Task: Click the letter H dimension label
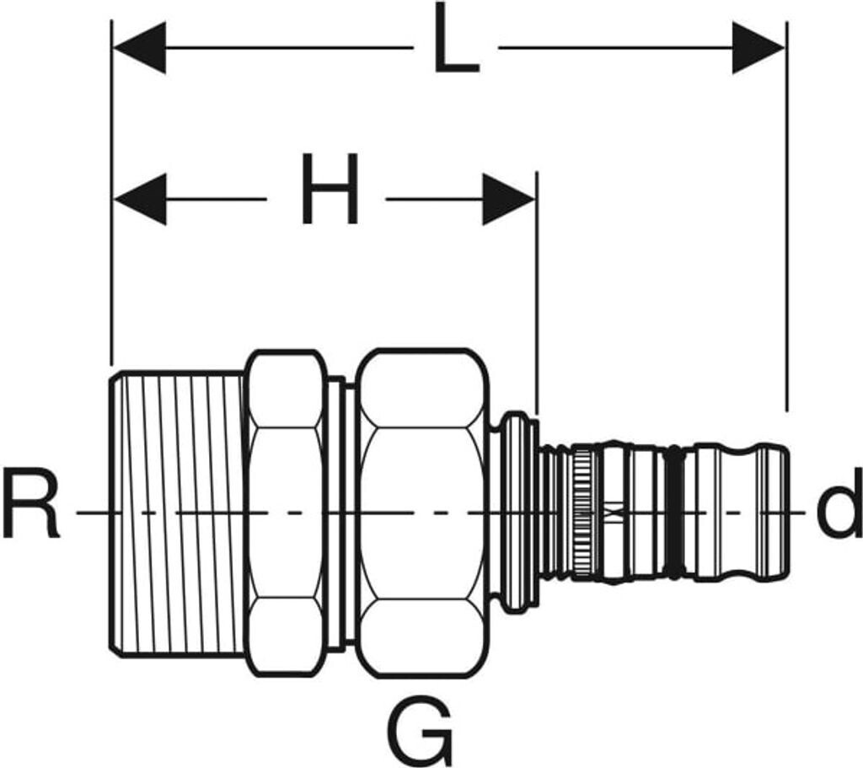pyautogui.click(x=330, y=188)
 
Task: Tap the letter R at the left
pyautogui.click(x=31, y=502)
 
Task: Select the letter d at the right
pyautogui.click(x=839, y=502)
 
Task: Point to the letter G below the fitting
pyautogui.click(x=421, y=730)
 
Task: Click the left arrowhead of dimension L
pyautogui.click(x=139, y=48)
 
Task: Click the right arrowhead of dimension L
pyautogui.click(x=758, y=48)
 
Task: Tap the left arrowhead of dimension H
pyautogui.click(x=139, y=199)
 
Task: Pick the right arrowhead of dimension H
pyautogui.click(x=509, y=199)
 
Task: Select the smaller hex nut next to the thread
pyautogui.click(x=286, y=513)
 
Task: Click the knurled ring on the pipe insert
pyautogui.click(x=583, y=513)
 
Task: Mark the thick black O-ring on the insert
pyautogui.click(x=675, y=513)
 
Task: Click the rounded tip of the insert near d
pyautogui.click(x=776, y=512)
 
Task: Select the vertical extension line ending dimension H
pyautogui.click(x=537, y=293)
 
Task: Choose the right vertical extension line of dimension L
pyautogui.click(x=787, y=217)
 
